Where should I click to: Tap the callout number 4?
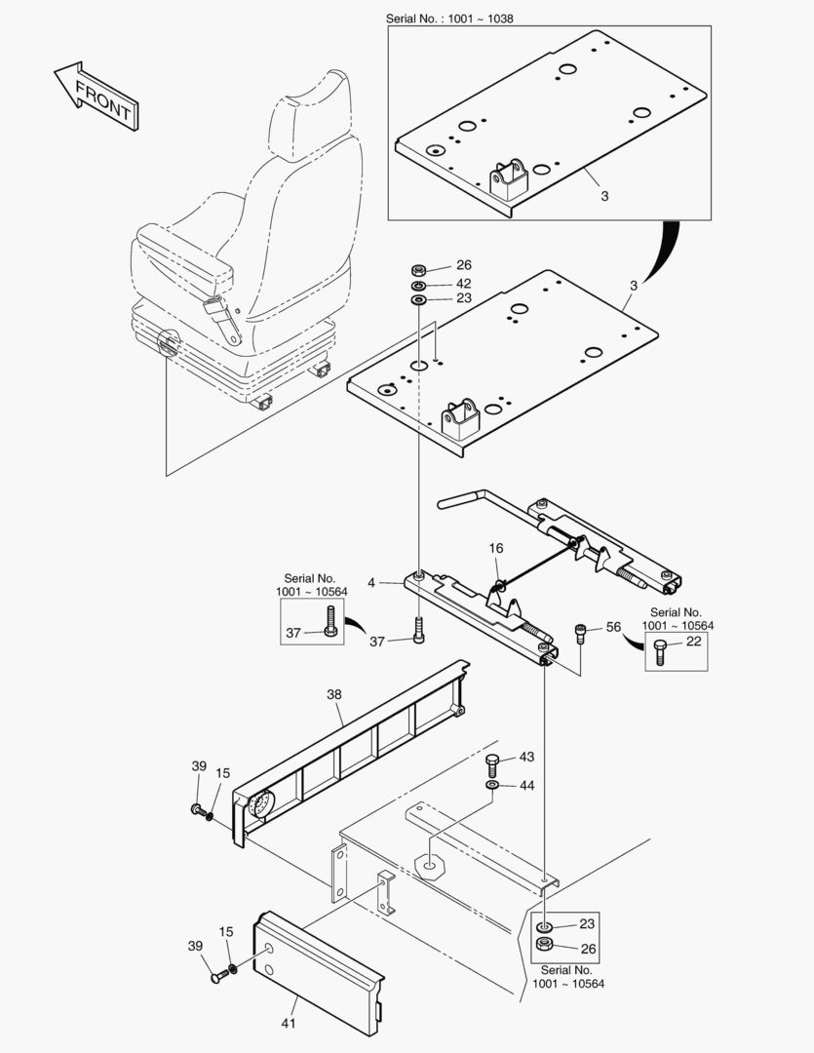pyautogui.click(x=371, y=583)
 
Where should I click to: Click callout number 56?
pyautogui.click(x=613, y=628)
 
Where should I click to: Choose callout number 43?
pyautogui.click(x=526, y=757)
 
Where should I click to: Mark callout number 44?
pyautogui.click(x=526, y=785)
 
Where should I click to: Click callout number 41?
pyautogui.click(x=289, y=1023)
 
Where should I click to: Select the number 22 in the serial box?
pyautogui.click(x=693, y=642)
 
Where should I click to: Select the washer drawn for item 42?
pyautogui.click(x=417, y=284)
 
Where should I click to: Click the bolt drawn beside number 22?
pyautogui.click(x=660, y=650)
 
